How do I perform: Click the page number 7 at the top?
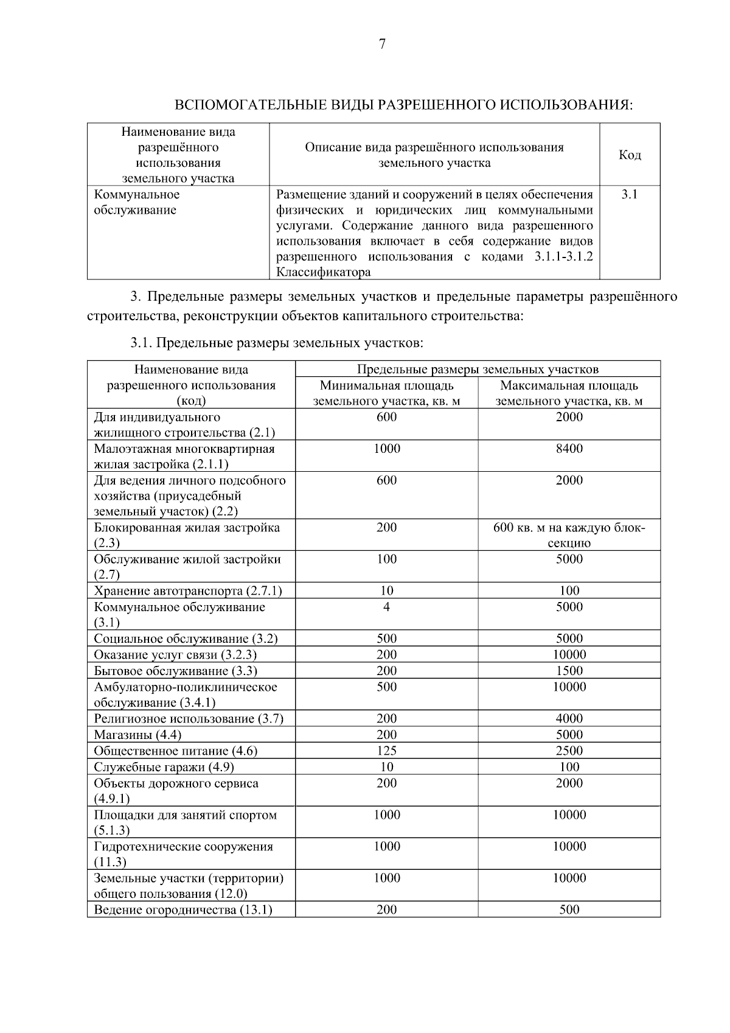point(381,44)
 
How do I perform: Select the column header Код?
point(630,155)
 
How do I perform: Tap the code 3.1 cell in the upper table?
point(630,195)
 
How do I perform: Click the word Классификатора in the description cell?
point(323,273)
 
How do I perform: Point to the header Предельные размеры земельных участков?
point(478,369)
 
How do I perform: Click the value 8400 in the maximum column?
point(569,449)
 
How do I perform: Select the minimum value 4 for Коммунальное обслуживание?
point(386,607)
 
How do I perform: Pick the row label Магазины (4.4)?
point(137,735)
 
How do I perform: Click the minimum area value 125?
point(386,751)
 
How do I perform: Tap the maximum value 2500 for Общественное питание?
point(569,751)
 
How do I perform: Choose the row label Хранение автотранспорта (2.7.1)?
point(187,591)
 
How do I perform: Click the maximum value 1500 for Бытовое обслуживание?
point(569,671)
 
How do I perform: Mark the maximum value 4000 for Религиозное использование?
point(569,719)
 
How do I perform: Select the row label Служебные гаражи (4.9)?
point(164,767)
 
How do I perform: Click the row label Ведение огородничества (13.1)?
point(182,910)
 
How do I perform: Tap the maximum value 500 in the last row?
point(569,910)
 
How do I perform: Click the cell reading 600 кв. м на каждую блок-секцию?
point(569,535)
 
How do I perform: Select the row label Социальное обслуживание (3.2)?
point(186,639)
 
